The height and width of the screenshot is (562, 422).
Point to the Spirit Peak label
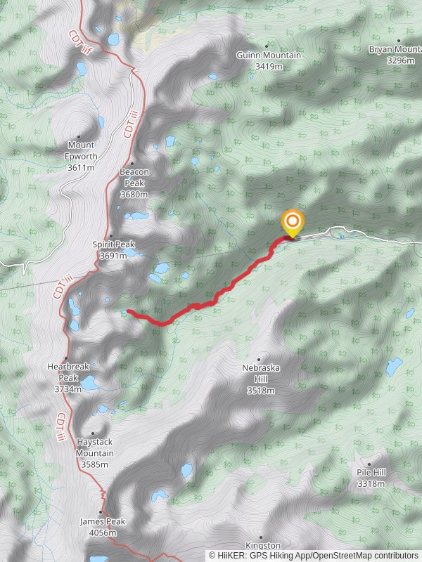pos(113,244)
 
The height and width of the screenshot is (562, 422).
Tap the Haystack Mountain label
pos(94,447)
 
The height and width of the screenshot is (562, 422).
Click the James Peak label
pos(103,522)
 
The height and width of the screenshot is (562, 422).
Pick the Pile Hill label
pos(371,473)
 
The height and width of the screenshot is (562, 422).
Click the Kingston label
pos(263,545)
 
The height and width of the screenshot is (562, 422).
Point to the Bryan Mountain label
pos(395,50)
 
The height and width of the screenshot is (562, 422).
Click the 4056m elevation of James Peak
pos(103,533)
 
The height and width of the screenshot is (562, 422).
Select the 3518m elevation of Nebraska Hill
pos(261,391)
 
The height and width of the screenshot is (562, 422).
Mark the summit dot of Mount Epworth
pos(79,136)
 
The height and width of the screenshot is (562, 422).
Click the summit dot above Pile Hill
pos(369,464)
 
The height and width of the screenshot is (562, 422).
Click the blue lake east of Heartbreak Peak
pos(89,384)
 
